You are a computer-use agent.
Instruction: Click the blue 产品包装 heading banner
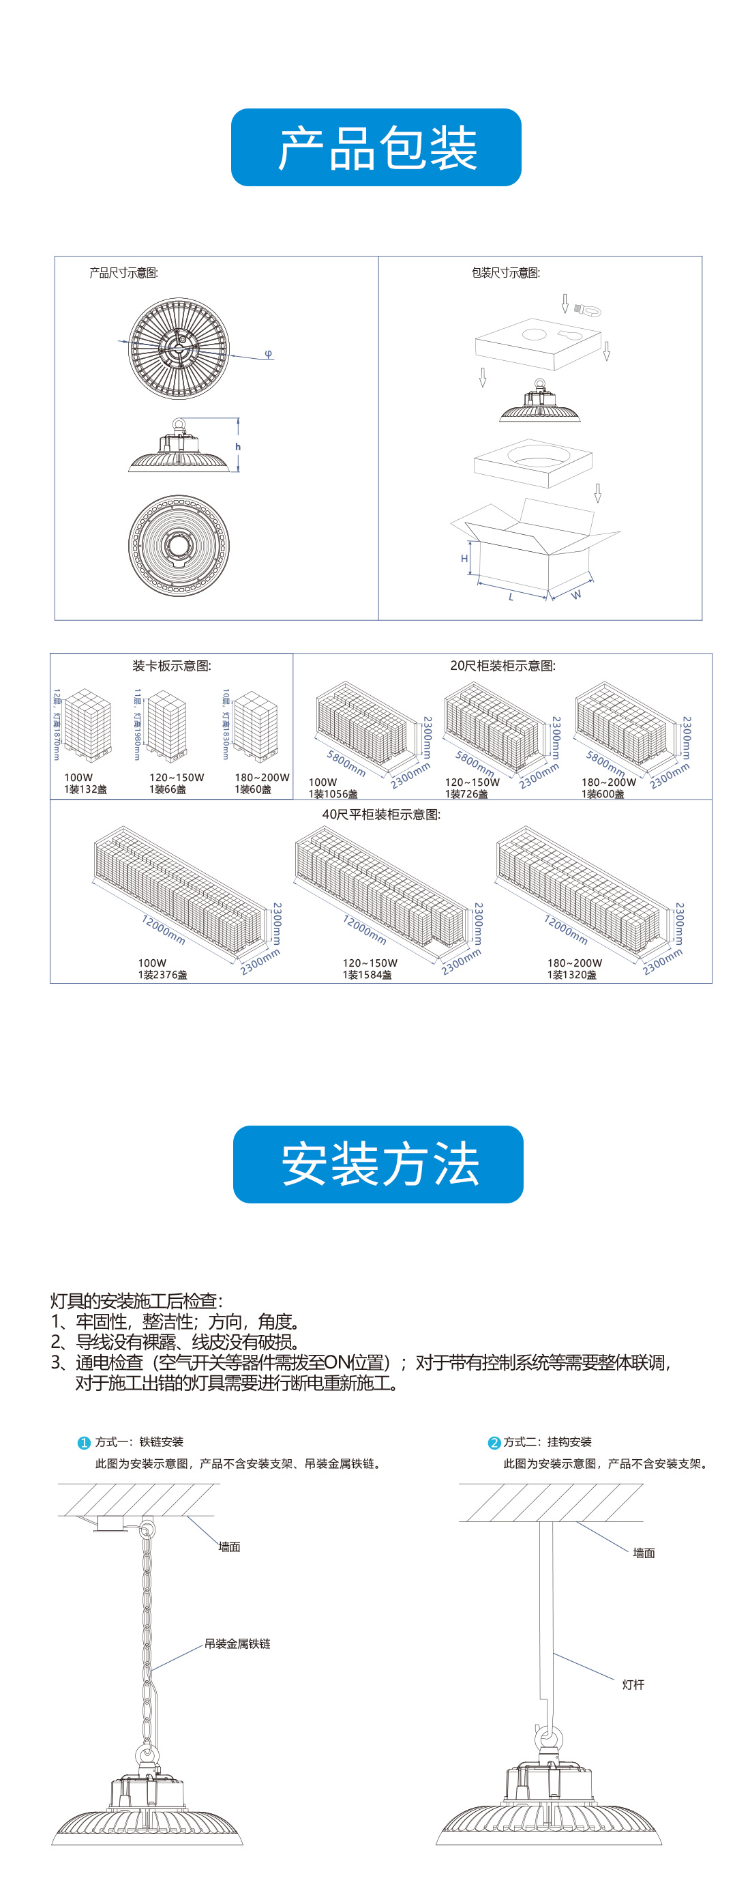tap(376, 147)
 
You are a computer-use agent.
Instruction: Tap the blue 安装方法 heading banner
tap(378, 1164)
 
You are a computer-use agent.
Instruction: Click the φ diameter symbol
tap(268, 353)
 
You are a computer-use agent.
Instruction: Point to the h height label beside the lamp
tap(238, 446)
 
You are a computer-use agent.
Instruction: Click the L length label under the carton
tap(511, 596)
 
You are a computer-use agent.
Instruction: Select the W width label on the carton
tap(576, 594)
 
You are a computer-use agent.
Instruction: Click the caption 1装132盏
tap(85, 789)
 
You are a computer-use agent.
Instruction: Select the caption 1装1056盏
tap(333, 794)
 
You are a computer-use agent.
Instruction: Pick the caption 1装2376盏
tap(162, 975)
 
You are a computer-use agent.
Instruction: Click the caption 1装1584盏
tap(367, 975)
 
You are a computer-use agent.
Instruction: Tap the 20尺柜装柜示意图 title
tap(502, 665)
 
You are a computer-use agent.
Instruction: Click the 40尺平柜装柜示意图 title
tap(380, 814)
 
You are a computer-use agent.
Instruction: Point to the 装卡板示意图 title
tap(171, 665)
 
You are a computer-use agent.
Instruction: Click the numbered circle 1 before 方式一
tap(85, 1442)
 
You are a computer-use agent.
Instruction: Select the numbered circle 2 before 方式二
tap(494, 1442)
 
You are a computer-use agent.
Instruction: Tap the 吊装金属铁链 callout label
tap(237, 1643)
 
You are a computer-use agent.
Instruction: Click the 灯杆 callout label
tap(633, 1684)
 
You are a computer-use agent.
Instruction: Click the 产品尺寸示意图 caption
tap(123, 273)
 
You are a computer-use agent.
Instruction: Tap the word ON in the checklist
tap(335, 1362)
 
